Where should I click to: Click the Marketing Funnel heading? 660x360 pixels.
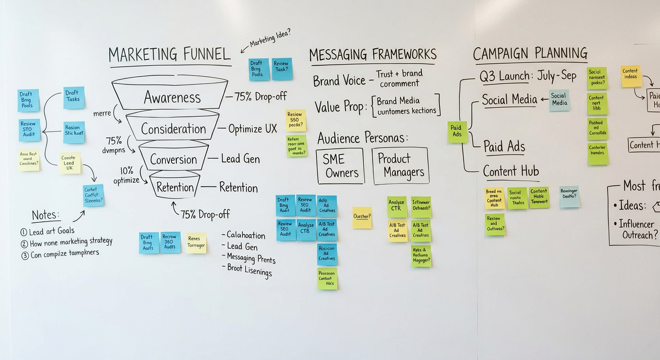169,55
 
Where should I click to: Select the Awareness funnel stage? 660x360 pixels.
172,97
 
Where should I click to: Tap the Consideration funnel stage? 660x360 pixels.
173,129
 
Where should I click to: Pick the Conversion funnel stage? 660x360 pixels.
173,159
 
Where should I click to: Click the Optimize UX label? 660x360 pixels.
253,129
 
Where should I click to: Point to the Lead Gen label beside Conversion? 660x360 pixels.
240,159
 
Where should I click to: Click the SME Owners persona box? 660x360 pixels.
340,166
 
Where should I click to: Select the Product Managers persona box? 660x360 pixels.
400,166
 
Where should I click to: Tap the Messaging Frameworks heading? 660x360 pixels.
373,54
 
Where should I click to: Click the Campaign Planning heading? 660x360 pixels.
530,53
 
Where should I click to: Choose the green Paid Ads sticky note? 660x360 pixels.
457,131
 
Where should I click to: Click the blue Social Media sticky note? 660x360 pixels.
559,100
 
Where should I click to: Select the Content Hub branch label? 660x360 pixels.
511,172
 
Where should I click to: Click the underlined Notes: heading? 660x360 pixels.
45,216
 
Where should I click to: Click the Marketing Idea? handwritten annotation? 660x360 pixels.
270,38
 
